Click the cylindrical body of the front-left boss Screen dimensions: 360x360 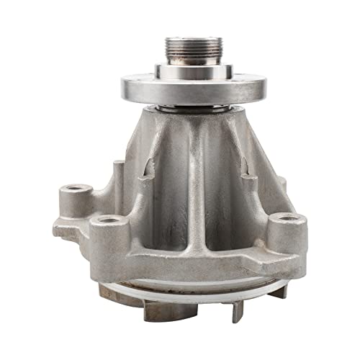109,241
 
